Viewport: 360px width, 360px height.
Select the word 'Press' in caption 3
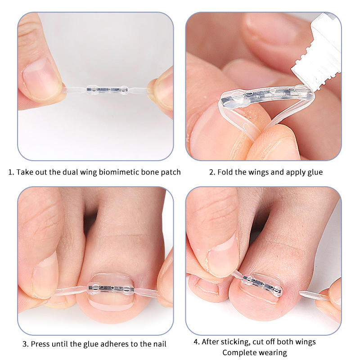40,344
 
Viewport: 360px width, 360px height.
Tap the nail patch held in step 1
107,90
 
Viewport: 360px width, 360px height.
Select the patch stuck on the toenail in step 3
111,288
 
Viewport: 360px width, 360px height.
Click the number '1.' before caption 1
11,172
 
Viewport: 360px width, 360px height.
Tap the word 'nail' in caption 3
160,344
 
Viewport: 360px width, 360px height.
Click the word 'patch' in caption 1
170,172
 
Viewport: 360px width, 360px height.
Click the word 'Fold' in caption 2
225,172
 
